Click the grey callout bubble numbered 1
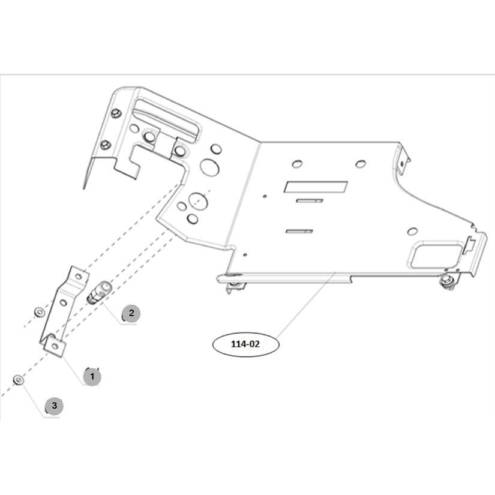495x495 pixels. pyautogui.click(x=92, y=377)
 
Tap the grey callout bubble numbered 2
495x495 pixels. pyautogui.click(x=131, y=313)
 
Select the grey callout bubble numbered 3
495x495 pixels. pyautogui.click(x=54, y=406)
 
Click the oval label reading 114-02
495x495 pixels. pyautogui.click(x=246, y=344)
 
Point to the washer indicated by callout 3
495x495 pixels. pyautogui.click(x=19, y=380)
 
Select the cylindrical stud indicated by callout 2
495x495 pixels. pyautogui.click(x=97, y=290)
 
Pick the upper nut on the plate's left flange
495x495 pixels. pyautogui.click(x=116, y=113)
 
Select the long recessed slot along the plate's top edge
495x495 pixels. pyautogui.click(x=166, y=118)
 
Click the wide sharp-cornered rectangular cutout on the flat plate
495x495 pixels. pyautogui.click(x=316, y=187)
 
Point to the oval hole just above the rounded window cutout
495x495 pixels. pyautogui.click(x=412, y=230)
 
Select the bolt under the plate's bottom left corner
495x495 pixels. pyautogui.click(x=235, y=284)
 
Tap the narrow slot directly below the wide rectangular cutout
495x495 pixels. pyautogui.click(x=310, y=200)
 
